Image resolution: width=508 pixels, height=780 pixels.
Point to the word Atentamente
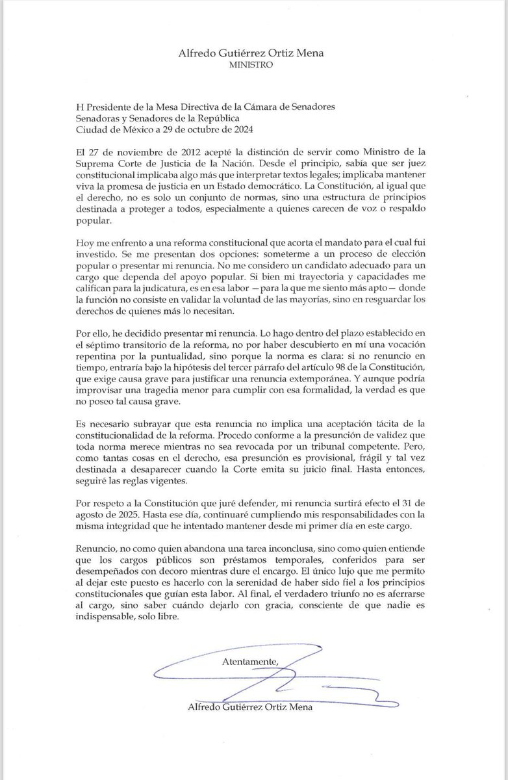pyautogui.click(x=248, y=662)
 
